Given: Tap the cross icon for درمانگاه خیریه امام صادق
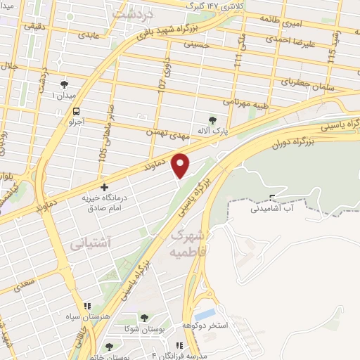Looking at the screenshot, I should [x=105, y=188].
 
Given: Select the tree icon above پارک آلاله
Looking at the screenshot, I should [x=214, y=120].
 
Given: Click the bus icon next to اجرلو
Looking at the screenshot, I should [x=76, y=111].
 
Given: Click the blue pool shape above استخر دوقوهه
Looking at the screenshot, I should [x=206, y=314].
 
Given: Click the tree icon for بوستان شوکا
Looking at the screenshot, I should [x=144, y=318].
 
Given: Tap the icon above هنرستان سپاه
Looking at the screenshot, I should [x=87, y=307].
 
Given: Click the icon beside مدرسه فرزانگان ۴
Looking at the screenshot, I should [x=179, y=346].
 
